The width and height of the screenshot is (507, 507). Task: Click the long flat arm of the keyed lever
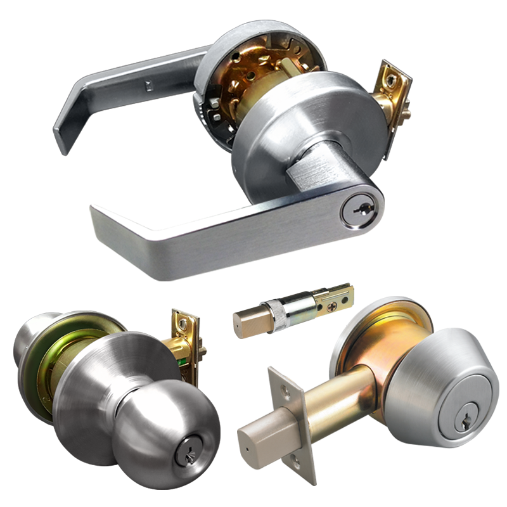click(209, 234)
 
